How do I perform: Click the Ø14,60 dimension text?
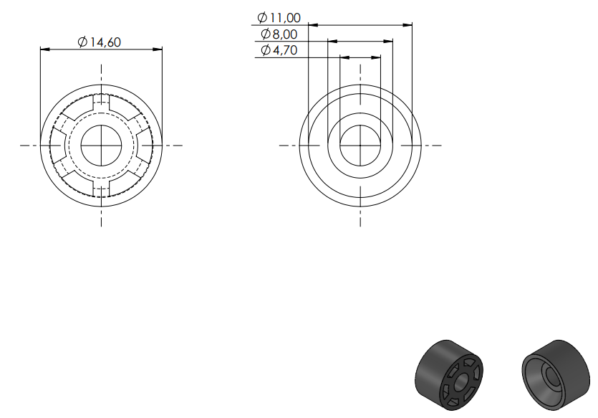pyautogui.click(x=99, y=42)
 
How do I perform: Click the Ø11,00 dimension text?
pyautogui.click(x=279, y=17)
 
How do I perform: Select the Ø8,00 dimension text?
pyautogui.click(x=279, y=34)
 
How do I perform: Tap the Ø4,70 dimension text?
pyautogui.click(x=279, y=50)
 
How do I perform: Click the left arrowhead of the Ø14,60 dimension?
pyautogui.click(x=45, y=49)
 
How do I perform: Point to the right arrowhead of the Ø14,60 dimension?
pyautogui.click(x=158, y=49)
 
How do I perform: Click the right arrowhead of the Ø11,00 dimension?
pyautogui.click(x=407, y=25)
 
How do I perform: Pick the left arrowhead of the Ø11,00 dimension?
pyautogui.click(x=313, y=25)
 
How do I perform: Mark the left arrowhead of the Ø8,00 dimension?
pyautogui.click(x=332, y=42)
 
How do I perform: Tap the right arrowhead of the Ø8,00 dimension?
pyautogui.click(x=388, y=42)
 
